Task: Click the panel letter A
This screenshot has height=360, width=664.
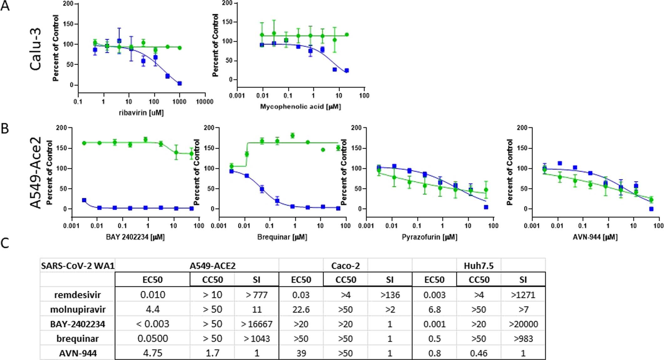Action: (5, 6)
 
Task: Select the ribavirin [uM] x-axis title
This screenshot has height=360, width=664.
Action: (141, 113)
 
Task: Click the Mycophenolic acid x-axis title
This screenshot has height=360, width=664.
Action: (301, 107)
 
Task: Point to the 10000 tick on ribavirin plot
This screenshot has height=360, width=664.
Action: (204, 101)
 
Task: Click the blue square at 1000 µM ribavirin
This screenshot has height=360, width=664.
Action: (180, 84)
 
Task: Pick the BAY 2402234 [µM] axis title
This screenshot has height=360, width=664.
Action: (135, 237)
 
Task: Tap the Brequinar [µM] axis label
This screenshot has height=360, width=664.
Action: (282, 237)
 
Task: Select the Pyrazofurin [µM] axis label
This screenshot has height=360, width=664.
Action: (430, 237)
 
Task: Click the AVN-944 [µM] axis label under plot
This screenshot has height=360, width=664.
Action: (595, 237)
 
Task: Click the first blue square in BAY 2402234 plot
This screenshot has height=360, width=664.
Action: (84, 200)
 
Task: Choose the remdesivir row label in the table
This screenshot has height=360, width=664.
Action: (78, 295)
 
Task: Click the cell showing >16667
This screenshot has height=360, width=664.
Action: (257, 324)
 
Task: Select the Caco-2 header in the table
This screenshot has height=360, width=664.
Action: (346, 266)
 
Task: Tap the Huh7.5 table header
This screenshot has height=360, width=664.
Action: (479, 266)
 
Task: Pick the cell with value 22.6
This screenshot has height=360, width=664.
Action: (301, 310)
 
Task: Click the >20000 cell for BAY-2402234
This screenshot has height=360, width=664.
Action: (523, 324)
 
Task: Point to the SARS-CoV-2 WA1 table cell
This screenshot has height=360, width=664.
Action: (78, 266)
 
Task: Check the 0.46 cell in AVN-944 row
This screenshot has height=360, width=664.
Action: (479, 353)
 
